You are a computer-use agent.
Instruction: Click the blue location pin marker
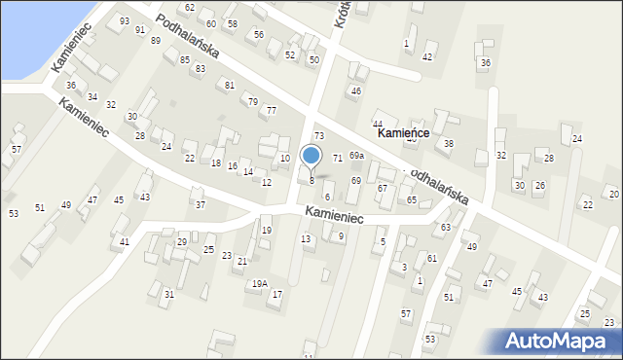311,156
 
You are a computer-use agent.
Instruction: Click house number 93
124,20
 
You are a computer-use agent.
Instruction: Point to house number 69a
356,156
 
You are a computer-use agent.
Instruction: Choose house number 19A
259,283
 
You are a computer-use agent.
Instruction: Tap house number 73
318,135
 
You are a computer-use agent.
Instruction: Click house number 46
356,90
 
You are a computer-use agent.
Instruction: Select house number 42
427,57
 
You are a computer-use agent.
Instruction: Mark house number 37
200,204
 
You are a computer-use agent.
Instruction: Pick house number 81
230,86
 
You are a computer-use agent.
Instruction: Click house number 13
306,238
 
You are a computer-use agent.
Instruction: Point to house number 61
432,258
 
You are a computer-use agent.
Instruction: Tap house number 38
448,144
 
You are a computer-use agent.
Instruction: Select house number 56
258,34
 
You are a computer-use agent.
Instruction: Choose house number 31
168,294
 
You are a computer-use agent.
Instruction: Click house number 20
613,195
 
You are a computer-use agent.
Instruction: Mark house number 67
383,188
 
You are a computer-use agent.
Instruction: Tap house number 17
277,294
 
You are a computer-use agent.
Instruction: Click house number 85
184,60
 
